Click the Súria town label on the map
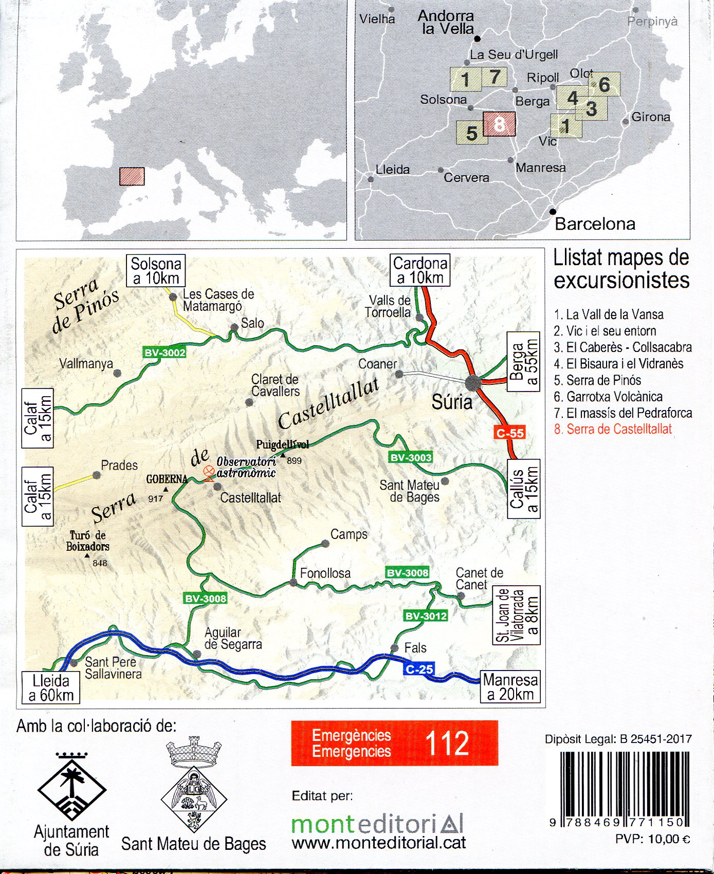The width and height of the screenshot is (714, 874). tap(452, 401)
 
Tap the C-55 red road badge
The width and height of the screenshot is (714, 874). tap(510, 433)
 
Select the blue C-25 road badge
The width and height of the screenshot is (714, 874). tap(419, 669)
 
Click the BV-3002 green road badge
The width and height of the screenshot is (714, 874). tap(164, 352)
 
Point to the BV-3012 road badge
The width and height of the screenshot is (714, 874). tap(426, 616)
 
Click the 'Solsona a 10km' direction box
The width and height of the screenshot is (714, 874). tap(156, 271)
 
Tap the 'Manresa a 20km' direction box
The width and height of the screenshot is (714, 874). tap(510, 687)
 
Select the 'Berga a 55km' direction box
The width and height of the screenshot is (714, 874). tap(524, 362)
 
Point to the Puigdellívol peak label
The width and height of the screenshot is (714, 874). tap(282, 445)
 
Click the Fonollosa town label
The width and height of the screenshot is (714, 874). tap(325, 573)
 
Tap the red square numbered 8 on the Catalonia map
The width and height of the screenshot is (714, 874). tap(499, 124)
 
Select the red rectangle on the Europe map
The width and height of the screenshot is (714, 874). tap(132, 176)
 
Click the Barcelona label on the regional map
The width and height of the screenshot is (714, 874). tap(595, 224)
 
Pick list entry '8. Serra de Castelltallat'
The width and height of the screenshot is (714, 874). tap(613, 429)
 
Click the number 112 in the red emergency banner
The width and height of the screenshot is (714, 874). tap(447, 743)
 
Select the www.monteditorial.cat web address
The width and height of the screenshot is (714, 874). tap(379, 843)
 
